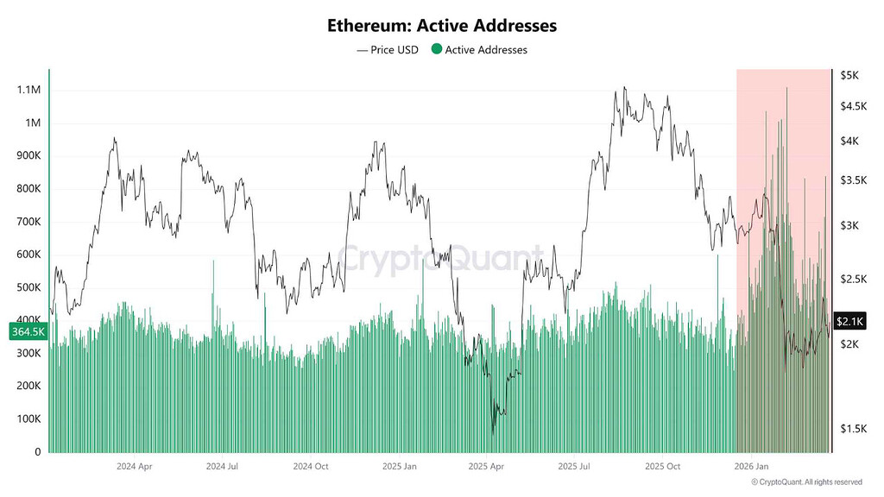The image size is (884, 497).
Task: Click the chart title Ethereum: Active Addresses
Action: [442, 25]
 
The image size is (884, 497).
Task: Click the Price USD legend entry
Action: [388, 49]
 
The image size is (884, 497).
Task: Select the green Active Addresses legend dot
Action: [436, 49]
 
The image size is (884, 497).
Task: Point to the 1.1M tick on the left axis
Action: [28, 90]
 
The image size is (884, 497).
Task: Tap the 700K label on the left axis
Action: [28, 222]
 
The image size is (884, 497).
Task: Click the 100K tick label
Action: [28, 418]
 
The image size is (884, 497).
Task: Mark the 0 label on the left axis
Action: [38, 451]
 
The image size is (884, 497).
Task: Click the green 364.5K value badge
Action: [28, 331]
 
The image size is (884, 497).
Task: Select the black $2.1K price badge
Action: [849, 321]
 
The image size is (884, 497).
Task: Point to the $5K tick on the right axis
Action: [849, 75]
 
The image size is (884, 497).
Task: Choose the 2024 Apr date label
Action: [134, 466]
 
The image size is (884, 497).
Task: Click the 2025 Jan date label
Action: [399, 466]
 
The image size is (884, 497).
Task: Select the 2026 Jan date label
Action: [752, 466]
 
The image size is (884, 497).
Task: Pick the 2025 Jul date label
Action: [574, 466]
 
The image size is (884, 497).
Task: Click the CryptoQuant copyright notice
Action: [807, 481]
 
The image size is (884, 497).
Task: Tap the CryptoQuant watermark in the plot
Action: [440, 258]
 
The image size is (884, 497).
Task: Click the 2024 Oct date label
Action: [311, 466]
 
